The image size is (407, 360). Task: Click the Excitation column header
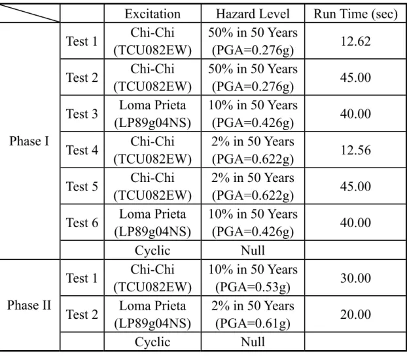[x=152, y=14]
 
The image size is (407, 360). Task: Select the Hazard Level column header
[x=253, y=14]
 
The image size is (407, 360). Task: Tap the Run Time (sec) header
[x=355, y=14]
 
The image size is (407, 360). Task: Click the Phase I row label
[x=29, y=141]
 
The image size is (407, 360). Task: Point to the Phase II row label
[x=29, y=305]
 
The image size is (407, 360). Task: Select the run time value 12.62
[x=355, y=41]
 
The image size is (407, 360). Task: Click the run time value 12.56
[x=355, y=150]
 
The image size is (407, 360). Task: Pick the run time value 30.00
[x=355, y=278]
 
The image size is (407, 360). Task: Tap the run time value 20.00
[x=355, y=314]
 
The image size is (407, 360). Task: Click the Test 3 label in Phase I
[x=82, y=114]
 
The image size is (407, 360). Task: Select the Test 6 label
[x=82, y=223]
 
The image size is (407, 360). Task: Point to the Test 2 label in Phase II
[x=82, y=314]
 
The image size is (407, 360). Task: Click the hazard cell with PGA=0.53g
[x=253, y=278]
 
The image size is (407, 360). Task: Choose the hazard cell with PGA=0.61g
[x=253, y=315]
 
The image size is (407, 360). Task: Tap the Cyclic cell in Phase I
[x=152, y=251]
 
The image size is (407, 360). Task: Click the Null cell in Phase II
[x=253, y=342]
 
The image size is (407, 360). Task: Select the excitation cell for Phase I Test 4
[x=152, y=150]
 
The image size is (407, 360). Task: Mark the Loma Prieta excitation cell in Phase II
[x=152, y=315]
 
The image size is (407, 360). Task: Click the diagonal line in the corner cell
[x=29, y=13]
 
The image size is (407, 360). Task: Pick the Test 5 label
[x=82, y=187]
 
